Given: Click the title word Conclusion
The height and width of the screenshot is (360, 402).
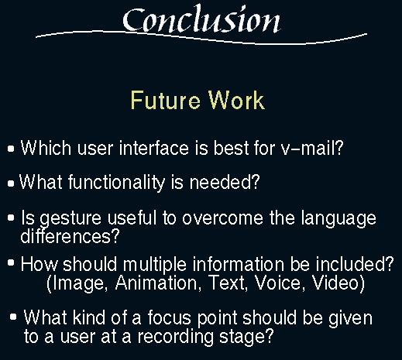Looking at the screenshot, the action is pos(201,19).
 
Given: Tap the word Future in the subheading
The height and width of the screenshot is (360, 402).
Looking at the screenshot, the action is pos(165,100).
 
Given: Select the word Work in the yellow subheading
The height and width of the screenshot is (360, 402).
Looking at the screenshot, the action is pos(236,100).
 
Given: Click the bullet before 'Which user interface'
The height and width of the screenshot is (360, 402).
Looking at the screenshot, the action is pos(11,149).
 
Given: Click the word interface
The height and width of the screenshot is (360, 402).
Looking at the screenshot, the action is pos(154,148).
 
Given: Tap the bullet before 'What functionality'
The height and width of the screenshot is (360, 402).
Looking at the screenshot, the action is pos(11,183).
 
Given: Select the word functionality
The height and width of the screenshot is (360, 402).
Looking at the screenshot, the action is pos(116,183).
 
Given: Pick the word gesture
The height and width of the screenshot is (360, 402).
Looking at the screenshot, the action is pos(70,219).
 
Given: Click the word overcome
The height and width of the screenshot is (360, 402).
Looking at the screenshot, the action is pos(222,218).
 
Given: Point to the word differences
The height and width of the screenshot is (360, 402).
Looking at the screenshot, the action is pos(70,236).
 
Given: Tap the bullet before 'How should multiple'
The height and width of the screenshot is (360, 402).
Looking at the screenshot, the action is pos(11,263).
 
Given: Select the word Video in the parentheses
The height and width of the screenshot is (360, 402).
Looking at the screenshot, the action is pos(338,283).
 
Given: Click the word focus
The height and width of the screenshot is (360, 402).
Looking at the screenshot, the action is pos(169,317).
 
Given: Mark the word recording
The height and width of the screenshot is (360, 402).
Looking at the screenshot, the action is pos(175,337).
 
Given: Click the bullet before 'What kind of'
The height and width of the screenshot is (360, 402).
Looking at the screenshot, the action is pos(13,317).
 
